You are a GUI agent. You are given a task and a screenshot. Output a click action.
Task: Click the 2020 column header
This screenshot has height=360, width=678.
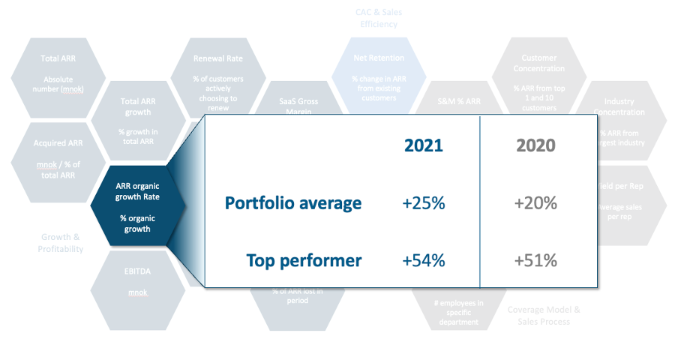pyautogui.click(x=535, y=145)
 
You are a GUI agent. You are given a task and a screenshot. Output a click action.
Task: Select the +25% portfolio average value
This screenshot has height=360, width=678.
pyautogui.click(x=424, y=203)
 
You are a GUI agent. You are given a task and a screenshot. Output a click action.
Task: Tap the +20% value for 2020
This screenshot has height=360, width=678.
pyautogui.click(x=535, y=203)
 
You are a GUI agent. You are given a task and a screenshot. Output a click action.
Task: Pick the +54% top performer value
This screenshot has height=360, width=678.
pyautogui.click(x=424, y=261)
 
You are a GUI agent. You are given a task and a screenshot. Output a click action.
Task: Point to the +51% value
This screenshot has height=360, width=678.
pyautogui.click(x=535, y=261)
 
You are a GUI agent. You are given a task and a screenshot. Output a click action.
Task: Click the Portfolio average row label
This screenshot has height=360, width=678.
pyautogui.click(x=293, y=203)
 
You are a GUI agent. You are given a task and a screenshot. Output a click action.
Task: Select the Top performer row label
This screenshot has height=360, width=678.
pyautogui.click(x=304, y=261)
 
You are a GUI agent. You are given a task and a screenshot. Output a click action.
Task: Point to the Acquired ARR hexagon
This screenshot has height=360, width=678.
pyautogui.click(x=58, y=157)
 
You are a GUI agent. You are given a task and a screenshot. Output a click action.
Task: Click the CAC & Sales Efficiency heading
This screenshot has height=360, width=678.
pyautogui.click(x=378, y=18)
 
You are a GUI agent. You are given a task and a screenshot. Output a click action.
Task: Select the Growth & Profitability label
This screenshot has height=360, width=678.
pyautogui.click(x=61, y=243)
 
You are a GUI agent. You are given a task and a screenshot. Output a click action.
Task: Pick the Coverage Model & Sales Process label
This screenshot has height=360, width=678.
pyautogui.click(x=544, y=315)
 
